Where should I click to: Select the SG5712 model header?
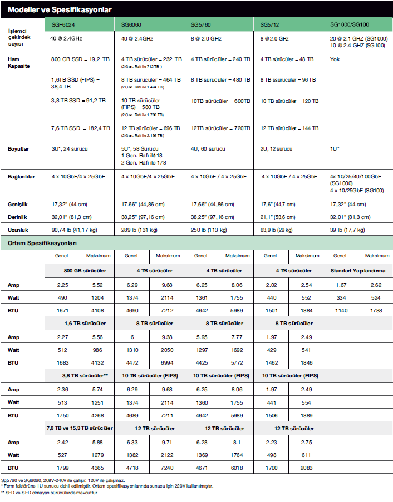pos(271,25)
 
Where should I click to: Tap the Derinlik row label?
pos(18,217)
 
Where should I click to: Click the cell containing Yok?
pos(335,59)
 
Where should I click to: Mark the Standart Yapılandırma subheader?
pos(358,271)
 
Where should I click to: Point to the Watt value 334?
pos(341,297)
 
